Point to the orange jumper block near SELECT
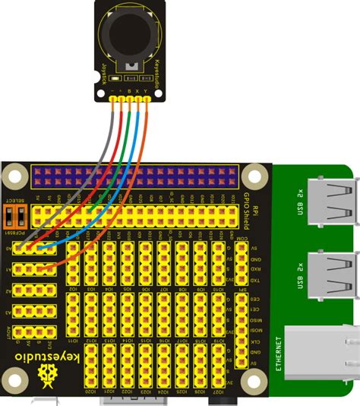pos(16,214)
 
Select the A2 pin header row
pos(34,290)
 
